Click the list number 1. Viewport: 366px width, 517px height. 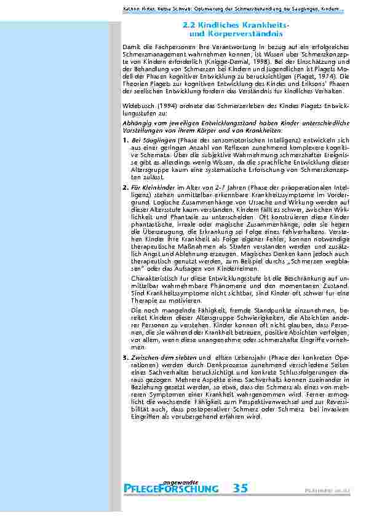pyautogui.click(x=125, y=141)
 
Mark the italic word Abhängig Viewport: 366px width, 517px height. pyautogui.click(x=137, y=122)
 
